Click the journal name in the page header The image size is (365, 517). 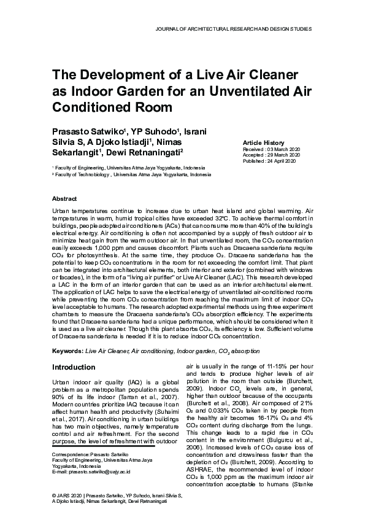coord(234,29)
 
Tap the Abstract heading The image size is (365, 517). coord(64,199)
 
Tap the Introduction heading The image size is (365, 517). coord(73,367)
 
